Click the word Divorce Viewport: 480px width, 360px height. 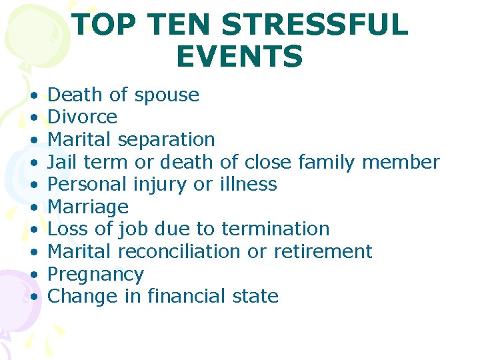[83, 117]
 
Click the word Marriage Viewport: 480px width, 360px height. [88, 207]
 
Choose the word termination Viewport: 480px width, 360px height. [275, 229]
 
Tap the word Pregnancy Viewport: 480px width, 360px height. [96, 274]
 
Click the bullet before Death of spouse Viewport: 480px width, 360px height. [34, 95]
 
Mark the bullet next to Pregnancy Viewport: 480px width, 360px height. [34, 274]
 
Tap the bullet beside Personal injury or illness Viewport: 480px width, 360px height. [34, 184]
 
